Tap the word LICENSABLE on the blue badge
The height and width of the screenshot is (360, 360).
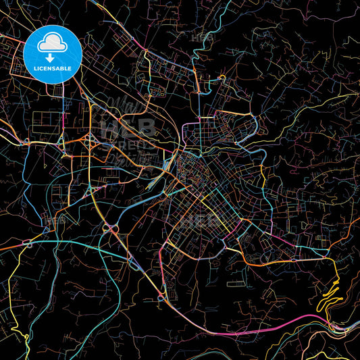(53, 69)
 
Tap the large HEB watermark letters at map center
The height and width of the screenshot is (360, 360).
(128, 127)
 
